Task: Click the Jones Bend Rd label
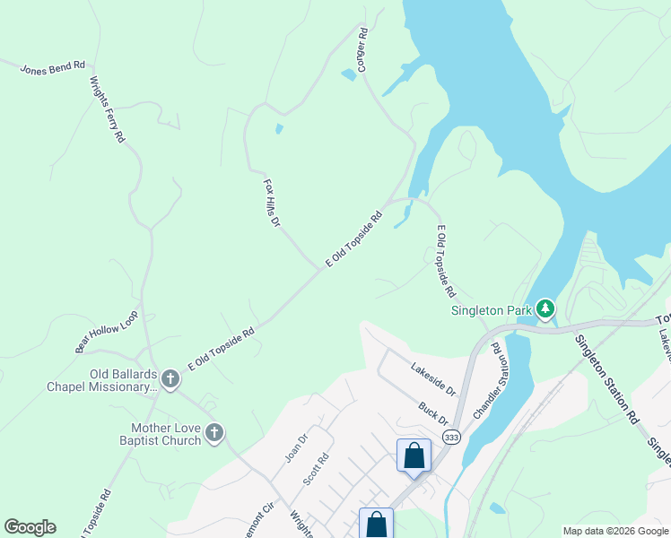point(53,65)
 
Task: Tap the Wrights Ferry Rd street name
point(107,109)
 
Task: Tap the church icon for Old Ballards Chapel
point(170,380)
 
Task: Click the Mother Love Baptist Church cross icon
point(213,433)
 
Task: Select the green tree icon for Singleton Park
point(545,310)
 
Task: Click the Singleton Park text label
point(490,310)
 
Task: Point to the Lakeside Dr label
point(434,379)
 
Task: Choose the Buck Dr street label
point(432,413)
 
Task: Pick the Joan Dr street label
point(296,448)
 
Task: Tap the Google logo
point(30,527)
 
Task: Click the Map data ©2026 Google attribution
point(615,531)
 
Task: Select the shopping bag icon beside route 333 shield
point(414,455)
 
